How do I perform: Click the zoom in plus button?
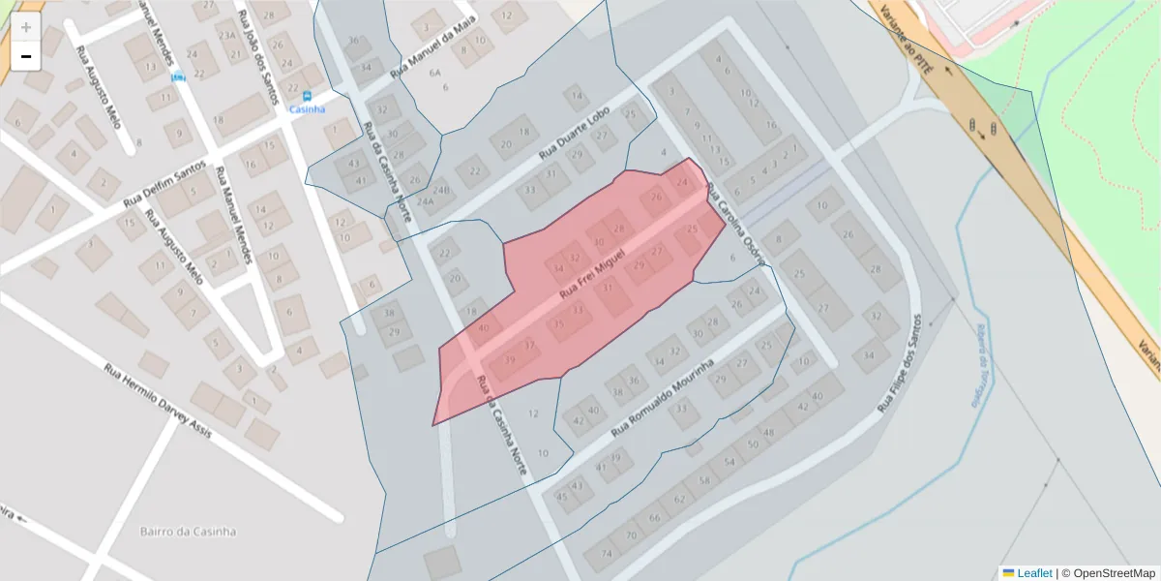click(x=26, y=27)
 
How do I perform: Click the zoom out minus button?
click(x=26, y=57)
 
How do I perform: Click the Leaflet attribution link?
click(x=1034, y=573)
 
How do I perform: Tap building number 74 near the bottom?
click(x=607, y=554)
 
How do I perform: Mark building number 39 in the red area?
click(x=509, y=360)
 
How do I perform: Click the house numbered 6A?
click(x=435, y=73)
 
